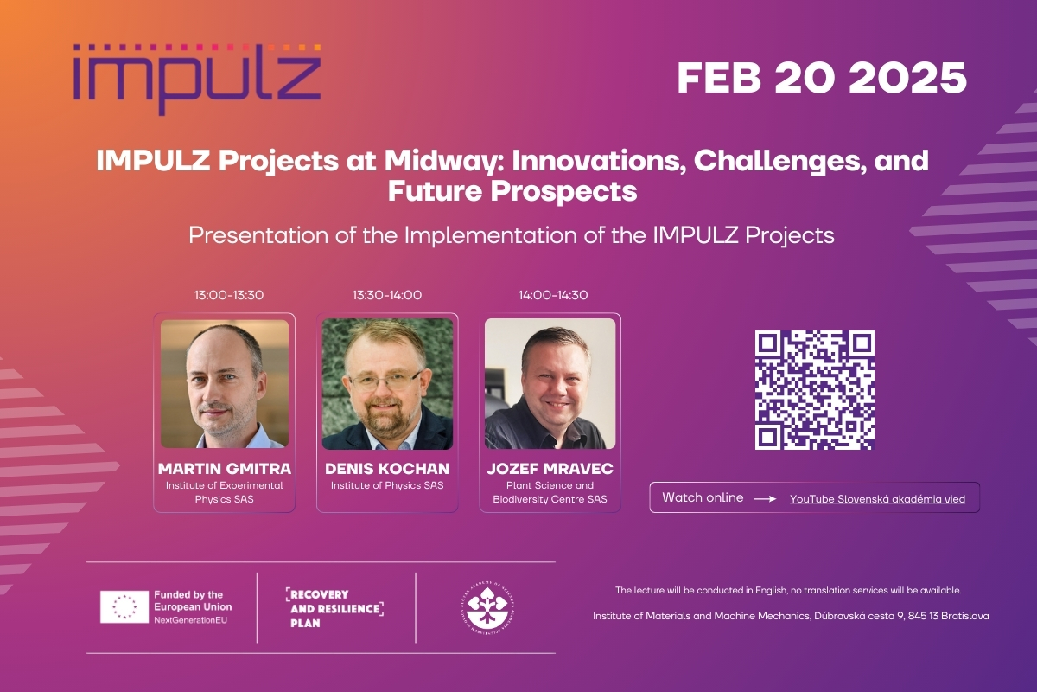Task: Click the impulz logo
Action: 197,80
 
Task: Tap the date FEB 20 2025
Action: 822,78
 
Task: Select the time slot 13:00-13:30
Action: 229,295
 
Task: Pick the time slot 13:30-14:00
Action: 387,295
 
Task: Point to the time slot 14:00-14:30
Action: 553,295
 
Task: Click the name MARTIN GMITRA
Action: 225,469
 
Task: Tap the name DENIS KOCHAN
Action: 387,469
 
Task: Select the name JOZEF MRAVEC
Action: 550,469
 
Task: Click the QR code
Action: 814,390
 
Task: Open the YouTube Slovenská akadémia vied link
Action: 877,499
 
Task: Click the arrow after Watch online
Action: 765,499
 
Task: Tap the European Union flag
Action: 124,606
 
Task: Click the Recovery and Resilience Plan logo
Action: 334,608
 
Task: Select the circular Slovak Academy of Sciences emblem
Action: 487,607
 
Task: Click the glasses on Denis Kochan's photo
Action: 385,381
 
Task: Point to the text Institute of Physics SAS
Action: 387,485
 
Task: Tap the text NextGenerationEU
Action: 191,620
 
